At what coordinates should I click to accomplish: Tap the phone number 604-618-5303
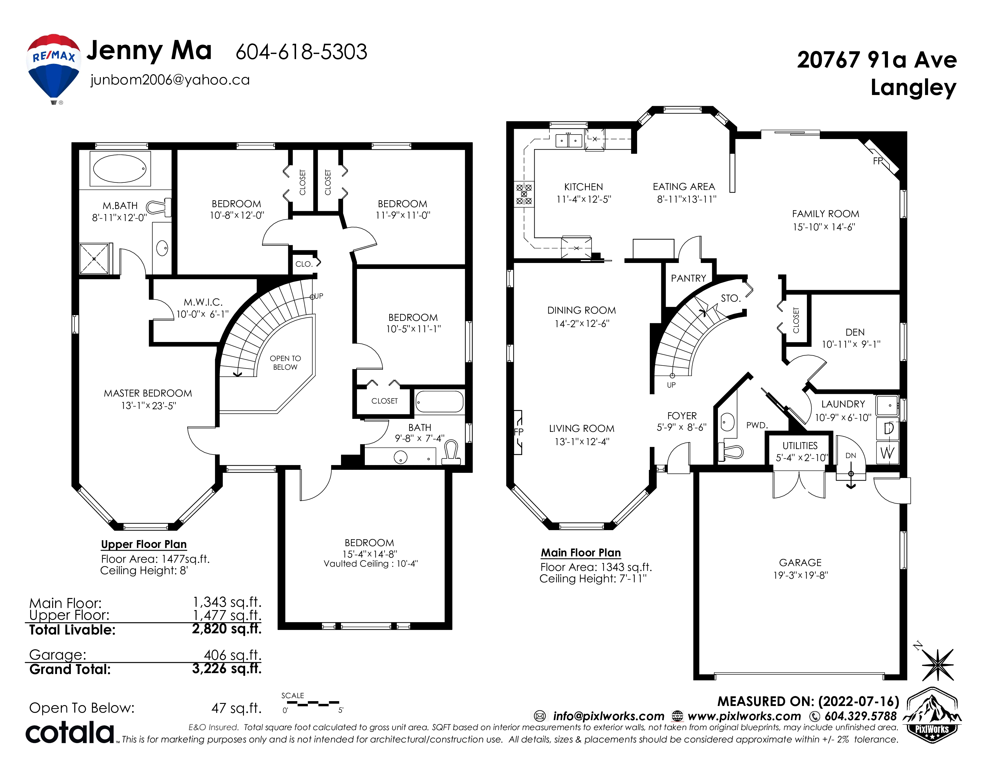[x=301, y=52]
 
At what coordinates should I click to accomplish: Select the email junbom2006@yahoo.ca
[x=170, y=80]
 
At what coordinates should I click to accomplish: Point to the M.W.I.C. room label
[x=203, y=302]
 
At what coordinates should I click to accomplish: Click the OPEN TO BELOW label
[x=285, y=362]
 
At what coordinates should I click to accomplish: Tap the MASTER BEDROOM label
[x=148, y=393]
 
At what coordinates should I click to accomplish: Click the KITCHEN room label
[x=584, y=187]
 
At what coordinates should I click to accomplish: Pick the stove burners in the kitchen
[x=524, y=194]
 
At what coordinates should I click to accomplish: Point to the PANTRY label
[x=688, y=278]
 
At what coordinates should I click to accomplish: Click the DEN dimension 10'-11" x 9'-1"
[x=851, y=344]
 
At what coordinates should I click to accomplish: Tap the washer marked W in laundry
[x=887, y=453]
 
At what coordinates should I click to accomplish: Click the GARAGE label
[x=801, y=563]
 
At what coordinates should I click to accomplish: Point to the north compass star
[x=938, y=665]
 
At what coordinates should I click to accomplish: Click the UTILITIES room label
[x=800, y=446]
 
